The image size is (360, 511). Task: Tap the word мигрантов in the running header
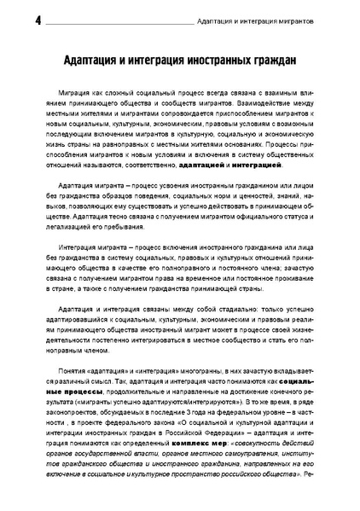[x=314, y=20]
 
